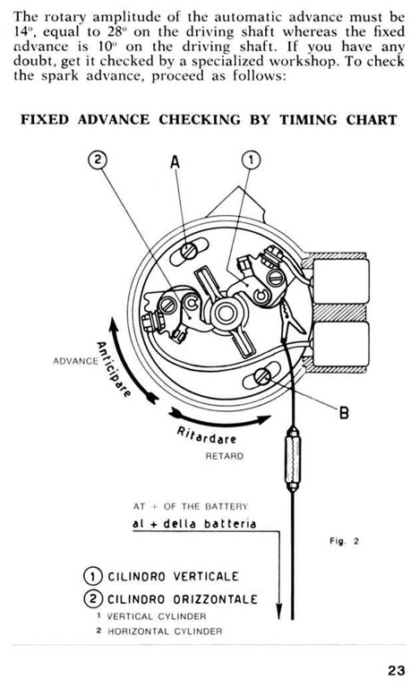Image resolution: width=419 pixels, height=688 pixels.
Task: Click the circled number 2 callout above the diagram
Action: point(98,159)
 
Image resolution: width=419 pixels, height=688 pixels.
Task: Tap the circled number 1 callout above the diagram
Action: point(251,160)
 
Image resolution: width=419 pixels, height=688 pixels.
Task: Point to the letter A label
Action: point(175,162)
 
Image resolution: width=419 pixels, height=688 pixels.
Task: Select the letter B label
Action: point(344,412)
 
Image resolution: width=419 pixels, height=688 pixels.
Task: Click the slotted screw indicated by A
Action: point(190,251)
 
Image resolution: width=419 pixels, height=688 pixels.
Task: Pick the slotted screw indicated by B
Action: point(262,376)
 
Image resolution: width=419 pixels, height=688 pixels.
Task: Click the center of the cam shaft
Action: point(225,314)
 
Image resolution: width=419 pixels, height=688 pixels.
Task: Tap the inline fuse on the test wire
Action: point(293,460)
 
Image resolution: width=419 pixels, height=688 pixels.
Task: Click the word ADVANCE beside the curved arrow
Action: point(75,361)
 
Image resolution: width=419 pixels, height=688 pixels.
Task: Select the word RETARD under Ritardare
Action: point(224,456)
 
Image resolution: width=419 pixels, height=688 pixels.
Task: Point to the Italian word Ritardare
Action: point(206,434)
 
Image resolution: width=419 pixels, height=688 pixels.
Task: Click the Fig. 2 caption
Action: point(344,541)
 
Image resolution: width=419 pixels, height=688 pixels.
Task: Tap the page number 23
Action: point(397,670)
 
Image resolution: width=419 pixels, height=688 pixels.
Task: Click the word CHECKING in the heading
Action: point(200,119)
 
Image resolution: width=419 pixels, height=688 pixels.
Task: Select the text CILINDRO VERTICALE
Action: point(174,576)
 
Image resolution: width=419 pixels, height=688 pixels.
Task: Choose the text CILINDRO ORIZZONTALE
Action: point(183,599)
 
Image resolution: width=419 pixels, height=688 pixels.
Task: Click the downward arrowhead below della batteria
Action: point(279,610)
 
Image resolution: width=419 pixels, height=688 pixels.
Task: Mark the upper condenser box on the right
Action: point(341,280)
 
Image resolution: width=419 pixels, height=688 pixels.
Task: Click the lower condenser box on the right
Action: point(341,344)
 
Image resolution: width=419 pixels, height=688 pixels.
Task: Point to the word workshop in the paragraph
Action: point(299,61)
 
